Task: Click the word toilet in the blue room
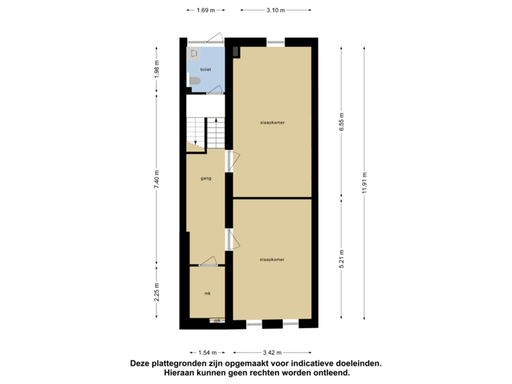206,70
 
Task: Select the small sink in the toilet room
193,53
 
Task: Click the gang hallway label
207,178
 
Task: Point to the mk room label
207,293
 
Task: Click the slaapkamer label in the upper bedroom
272,123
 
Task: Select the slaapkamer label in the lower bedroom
272,260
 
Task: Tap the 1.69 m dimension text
205,11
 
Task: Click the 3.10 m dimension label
275,11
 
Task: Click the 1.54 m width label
206,352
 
